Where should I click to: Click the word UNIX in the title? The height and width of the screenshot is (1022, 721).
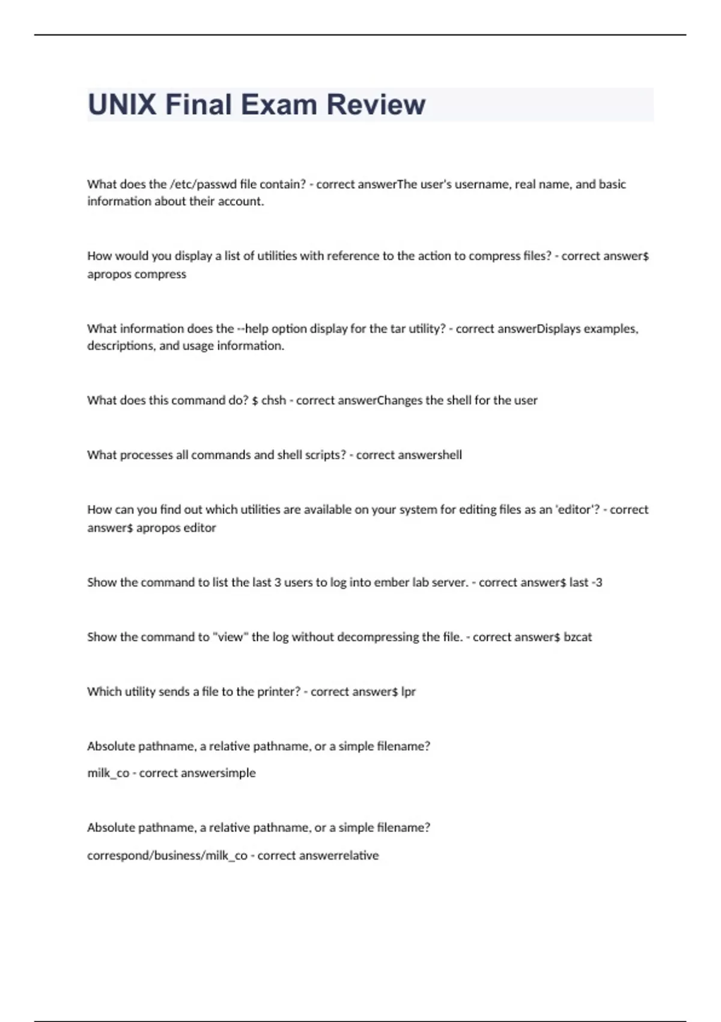pyautogui.click(x=122, y=105)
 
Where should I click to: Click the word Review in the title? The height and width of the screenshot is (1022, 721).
pyautogui.click(x=376, y=105)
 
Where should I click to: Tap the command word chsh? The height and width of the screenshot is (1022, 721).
pyautogui.click(x=273, y=400)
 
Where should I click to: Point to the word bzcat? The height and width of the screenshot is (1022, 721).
pyautogui.click(x=577, y=637)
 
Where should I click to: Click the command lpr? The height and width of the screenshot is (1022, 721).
pyautogui.click(x=408, y=692)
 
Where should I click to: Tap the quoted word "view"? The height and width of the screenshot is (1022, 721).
pyautogui.click(x=230, y=637)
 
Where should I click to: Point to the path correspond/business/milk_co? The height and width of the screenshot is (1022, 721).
pyautogui.click(x=167, y=855)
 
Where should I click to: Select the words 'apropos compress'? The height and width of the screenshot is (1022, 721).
pyautogui.click(x=136, y=274)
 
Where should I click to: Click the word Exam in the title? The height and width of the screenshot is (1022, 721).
pyautogui.click(x=279, y=105)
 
